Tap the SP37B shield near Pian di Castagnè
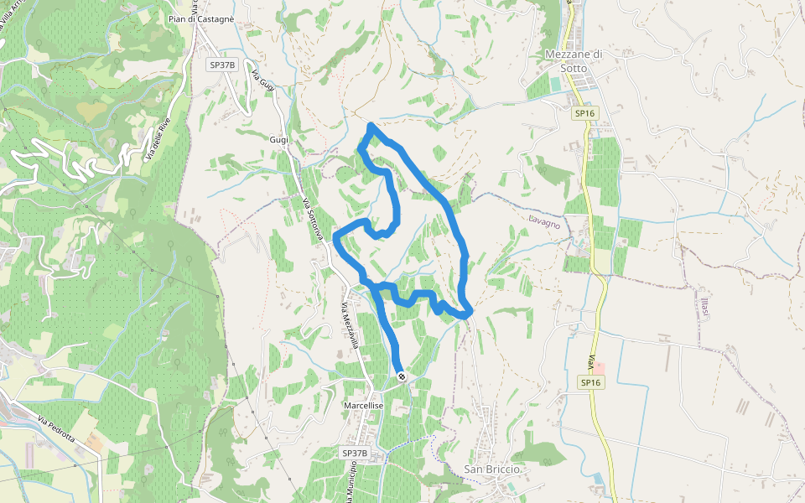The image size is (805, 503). pyautogui.click(x=222, y=65)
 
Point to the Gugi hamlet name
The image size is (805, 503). pyautogui.click(x=279, y=139)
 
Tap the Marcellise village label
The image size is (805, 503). pyautogui.click(x=364, y=405)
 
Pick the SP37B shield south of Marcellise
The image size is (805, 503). pyautogui.click(x=355, y=453)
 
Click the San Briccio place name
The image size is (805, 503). pyautogui.click(x=492, y=469)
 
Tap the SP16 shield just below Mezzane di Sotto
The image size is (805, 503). pyautogui.click(x=585, y=113)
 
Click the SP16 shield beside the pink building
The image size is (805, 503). pyautogui.click(x=591, y=382)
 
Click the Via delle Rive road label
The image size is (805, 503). pyautogui.click(x=158, y=137)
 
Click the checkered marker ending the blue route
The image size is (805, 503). pyautogui.click(x=402, y=377)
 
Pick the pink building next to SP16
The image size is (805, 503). pyautogui.click(x=598, y=368)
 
